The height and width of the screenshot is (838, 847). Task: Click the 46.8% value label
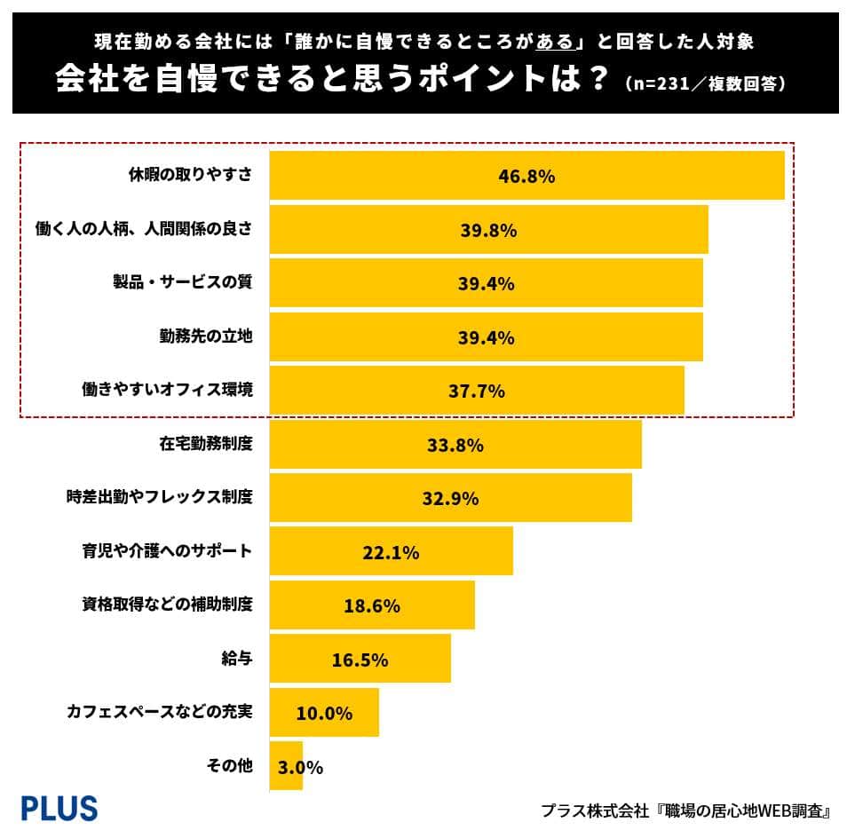point(526,176)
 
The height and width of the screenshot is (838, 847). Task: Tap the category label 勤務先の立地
point(206,336)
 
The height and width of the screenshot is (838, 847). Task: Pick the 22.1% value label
point(391,552)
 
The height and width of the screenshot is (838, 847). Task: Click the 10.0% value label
point(324,713)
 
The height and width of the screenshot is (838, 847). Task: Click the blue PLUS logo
point(59,808)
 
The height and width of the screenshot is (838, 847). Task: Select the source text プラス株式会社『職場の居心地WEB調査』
point(685,810)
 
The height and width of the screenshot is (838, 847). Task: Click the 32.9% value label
point(450,498)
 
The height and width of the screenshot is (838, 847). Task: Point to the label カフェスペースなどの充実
point(159,713)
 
